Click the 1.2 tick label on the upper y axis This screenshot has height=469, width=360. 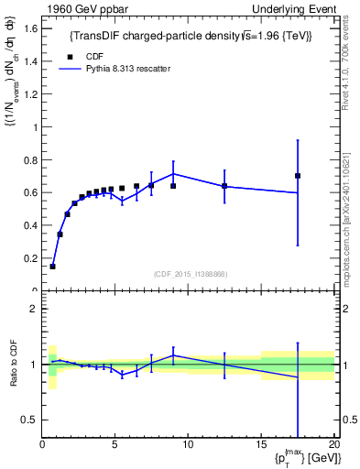30,94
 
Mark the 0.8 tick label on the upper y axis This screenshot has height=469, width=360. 30,159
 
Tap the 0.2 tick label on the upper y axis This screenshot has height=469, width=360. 30,258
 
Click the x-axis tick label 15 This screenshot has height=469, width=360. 261,444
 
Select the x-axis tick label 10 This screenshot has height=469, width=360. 188,444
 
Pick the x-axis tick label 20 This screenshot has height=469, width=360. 333,444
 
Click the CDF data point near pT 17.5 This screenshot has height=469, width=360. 298,176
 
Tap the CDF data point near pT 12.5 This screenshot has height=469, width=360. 224,186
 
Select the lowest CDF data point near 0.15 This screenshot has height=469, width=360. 52,267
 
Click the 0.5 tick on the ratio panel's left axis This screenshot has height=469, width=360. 30,420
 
